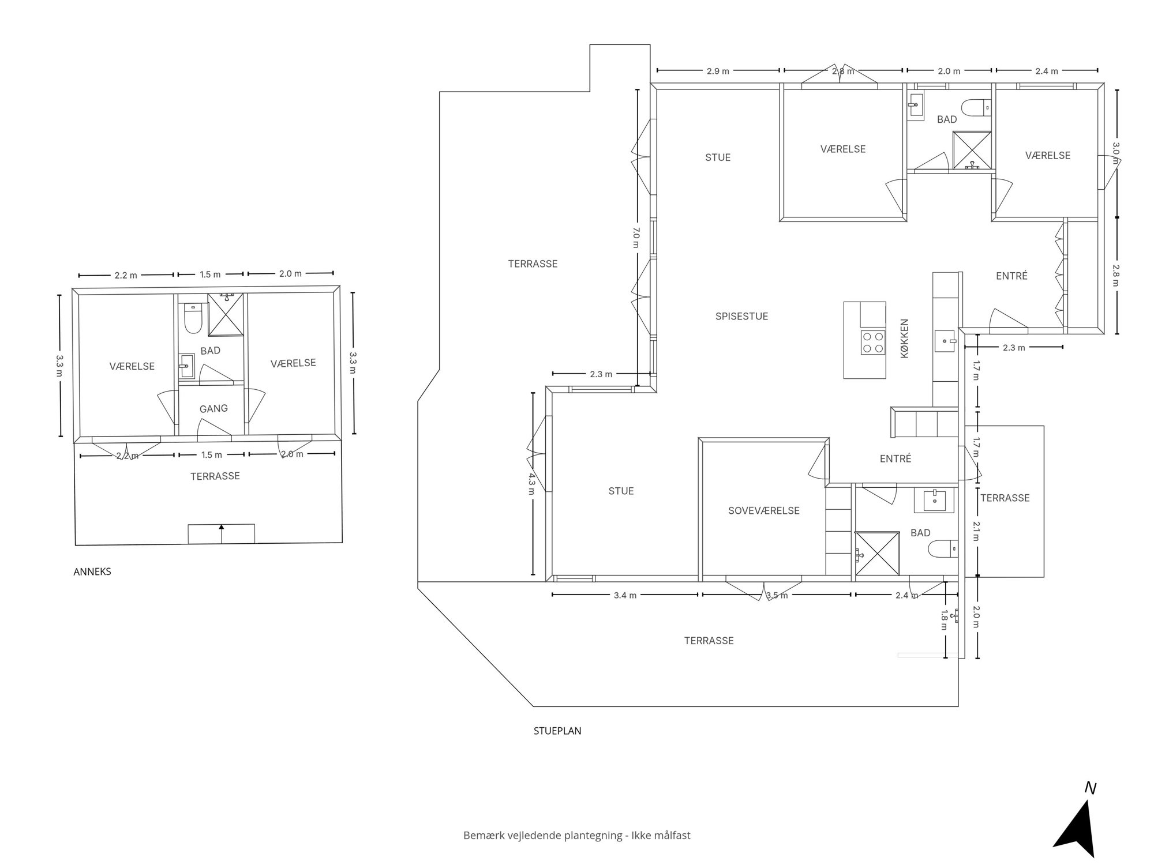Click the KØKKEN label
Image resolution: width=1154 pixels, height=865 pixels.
[905, 339]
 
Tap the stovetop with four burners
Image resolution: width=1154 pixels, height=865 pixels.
[872, 342]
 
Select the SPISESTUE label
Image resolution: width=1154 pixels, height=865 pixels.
[741, 316]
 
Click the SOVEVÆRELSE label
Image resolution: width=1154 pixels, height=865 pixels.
[764, 510]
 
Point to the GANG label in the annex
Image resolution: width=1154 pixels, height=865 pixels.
[213, 408]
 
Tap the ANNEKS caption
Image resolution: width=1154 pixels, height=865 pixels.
[92, 571]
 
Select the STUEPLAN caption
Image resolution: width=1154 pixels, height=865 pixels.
[557, 731]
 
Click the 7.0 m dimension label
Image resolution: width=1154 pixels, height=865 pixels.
[636, 237]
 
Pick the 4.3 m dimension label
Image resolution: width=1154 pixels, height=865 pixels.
[531, 483]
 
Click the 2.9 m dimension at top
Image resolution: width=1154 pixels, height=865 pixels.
[718, 71]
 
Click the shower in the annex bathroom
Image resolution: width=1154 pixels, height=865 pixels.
[226, 314]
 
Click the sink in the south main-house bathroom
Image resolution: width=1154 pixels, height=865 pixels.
[934, 501]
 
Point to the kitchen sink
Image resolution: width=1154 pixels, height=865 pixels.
[945, 341]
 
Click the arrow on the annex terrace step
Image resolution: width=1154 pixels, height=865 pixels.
[222, 533]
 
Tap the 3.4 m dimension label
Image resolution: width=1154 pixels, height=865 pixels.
[625, 595]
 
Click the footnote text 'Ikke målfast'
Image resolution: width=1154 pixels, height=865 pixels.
[661, 835]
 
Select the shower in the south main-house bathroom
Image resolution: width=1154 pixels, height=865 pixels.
[877, 554]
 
